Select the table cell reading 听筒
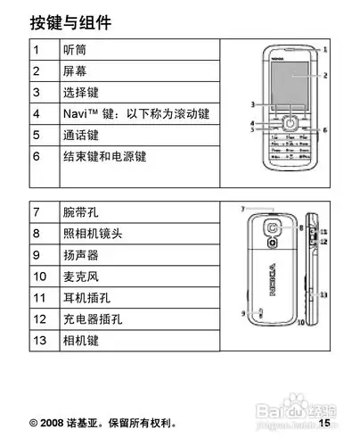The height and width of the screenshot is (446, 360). [x=74, y=48]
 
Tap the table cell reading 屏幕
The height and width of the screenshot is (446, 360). [x=74, y=70]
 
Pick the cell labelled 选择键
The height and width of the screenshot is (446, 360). [x=80, y=92]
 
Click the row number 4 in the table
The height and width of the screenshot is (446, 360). [x=37, y=114]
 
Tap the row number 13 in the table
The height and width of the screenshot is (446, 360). [x=40, y=341]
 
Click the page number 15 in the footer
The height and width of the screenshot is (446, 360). [x=325, y=422]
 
